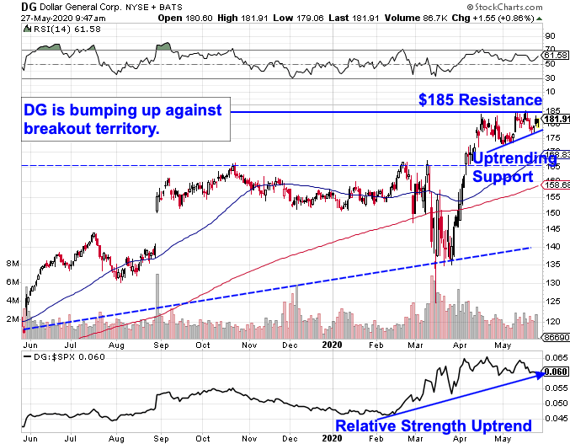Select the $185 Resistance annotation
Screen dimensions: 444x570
[x=480, y=100]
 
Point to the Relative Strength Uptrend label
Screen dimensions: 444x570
[x=434, y=425]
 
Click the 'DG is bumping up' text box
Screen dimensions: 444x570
[x=117, y=120]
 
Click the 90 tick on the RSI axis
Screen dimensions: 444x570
[x=551, y=36]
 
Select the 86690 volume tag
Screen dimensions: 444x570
[x=554, y=335]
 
